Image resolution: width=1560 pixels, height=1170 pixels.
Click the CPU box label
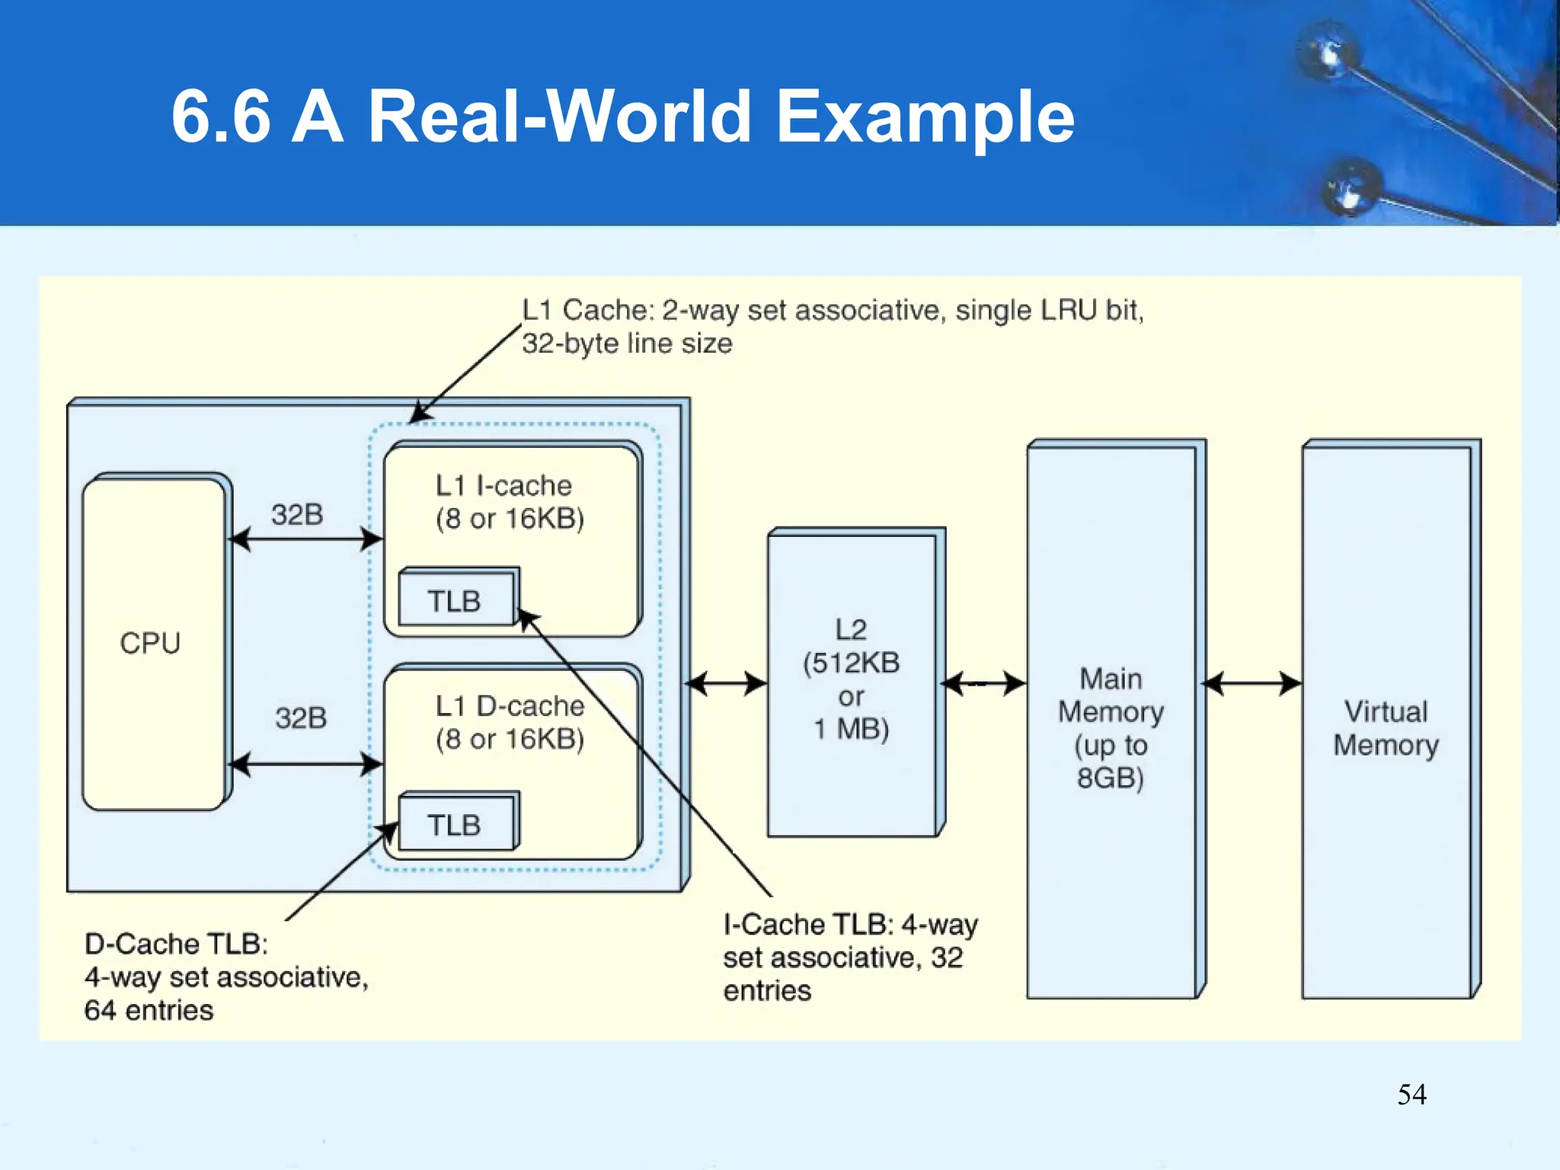[x=150, y=644]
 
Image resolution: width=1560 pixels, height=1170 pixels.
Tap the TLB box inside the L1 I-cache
[x=456, y=600]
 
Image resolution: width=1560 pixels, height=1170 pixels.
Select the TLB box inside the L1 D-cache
[x=456, y=824]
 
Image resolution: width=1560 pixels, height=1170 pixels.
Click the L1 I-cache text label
[x=503, y=485]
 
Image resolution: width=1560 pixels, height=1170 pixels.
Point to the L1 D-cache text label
[x=510, y=706]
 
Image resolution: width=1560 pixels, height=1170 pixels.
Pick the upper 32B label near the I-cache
[x=297, y=515]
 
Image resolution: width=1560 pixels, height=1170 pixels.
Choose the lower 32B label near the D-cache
[x=301, y=718]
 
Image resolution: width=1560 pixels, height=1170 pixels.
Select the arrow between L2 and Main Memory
[x=983, y=683]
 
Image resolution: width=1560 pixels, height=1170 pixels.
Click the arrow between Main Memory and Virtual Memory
[x=1252, y=683]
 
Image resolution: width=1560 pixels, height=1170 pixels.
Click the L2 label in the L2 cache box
[x=851, y=629]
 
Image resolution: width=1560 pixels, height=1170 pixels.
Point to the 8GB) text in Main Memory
[x=1111, y=778]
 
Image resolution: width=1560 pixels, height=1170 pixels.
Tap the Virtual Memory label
[x=1386, y=728]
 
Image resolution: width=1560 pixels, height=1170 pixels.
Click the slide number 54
[x=1411, y=1095]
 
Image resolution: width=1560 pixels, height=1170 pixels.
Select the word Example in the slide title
[x=925, y=117]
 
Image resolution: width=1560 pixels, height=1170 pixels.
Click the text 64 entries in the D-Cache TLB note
[x=149, y=1011]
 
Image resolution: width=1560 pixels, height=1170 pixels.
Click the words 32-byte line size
[x=627, y=344]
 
